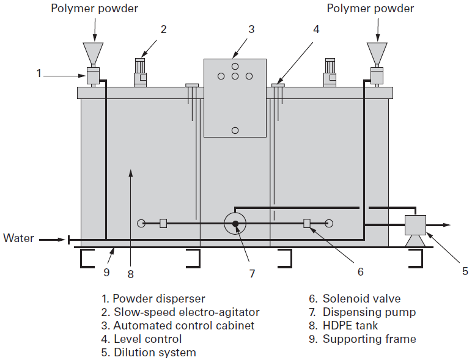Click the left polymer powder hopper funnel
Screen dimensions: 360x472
[93, 52]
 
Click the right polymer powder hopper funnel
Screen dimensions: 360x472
[377, 52]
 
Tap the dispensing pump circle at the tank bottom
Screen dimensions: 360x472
[235, 223]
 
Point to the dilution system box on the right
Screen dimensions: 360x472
[416, 225]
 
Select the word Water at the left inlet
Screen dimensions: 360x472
[18, 238]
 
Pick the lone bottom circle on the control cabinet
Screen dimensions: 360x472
[235, 130]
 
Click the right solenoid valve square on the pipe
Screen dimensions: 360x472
[307, 223]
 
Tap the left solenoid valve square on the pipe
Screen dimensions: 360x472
[163, 223]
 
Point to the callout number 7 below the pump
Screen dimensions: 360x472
[251, 274]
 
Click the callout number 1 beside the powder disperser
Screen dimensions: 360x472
[39, 73]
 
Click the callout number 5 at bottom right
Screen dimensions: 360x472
[464, 271]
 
